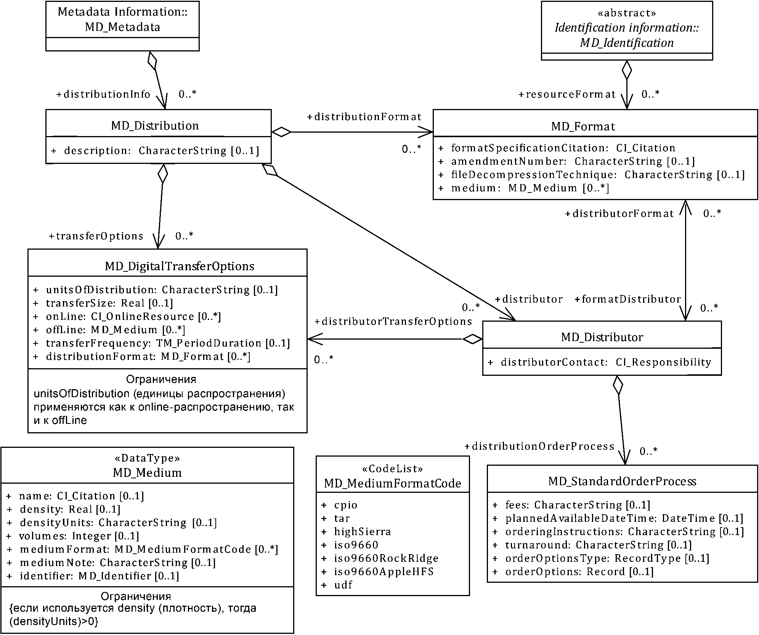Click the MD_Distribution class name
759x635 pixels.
point(155,126)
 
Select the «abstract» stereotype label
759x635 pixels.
point(627,13)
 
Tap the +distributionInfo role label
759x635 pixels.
point(103,94)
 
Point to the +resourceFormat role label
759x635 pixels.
point(567,94)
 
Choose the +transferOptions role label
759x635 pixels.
point(96,236)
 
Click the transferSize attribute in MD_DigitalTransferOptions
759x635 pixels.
point(109,303)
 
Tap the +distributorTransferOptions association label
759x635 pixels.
point(393,321)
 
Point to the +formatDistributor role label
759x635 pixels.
point(628,299)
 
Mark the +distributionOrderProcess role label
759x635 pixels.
point(539,446)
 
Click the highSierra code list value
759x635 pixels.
point(363,531)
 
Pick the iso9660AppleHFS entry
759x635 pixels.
point(384,571)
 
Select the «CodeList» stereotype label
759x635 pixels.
point(392,468)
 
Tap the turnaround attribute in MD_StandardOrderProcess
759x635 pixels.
point(598,545)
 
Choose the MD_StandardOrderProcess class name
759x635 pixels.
point(622,481)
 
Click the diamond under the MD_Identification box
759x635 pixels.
point(627,70)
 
